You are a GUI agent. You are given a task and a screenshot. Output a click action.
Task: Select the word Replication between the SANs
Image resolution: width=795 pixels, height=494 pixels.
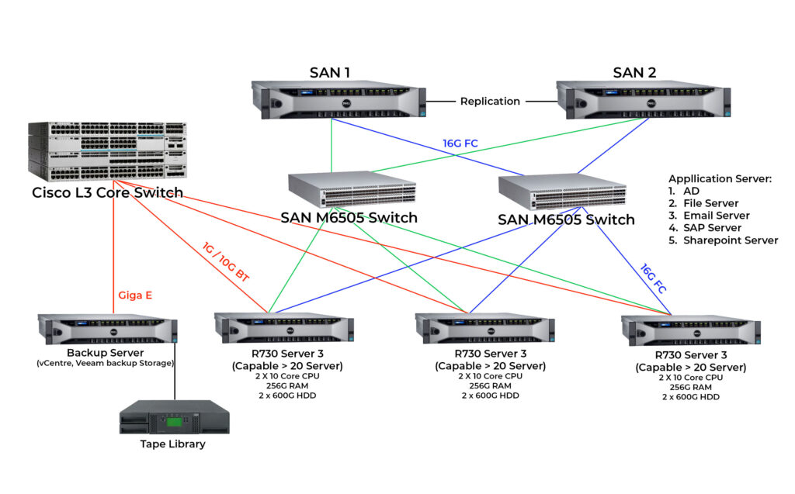tap(490, 101)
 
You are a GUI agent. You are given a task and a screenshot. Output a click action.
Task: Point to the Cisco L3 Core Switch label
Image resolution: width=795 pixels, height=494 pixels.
tap(107, 192)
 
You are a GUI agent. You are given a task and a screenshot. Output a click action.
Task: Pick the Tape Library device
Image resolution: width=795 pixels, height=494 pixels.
tap(174, 416)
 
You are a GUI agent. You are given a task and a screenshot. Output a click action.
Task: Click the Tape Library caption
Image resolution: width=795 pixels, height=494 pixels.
tap(173, 444)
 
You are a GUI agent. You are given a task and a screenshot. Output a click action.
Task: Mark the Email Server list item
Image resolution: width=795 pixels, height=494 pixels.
tap(716, 216)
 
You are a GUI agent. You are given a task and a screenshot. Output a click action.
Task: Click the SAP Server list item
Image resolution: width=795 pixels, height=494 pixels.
tap(712, 228)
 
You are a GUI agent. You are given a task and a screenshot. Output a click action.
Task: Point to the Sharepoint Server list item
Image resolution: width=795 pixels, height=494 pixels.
tap(730, 240)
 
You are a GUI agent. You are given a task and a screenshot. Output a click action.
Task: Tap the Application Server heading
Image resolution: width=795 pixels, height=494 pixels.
tap(720, 178)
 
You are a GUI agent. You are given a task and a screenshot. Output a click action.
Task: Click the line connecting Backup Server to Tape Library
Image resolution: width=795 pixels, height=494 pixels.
tap(175, 372)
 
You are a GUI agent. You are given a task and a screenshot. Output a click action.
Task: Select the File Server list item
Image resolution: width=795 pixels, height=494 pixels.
tap(710, 203)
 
